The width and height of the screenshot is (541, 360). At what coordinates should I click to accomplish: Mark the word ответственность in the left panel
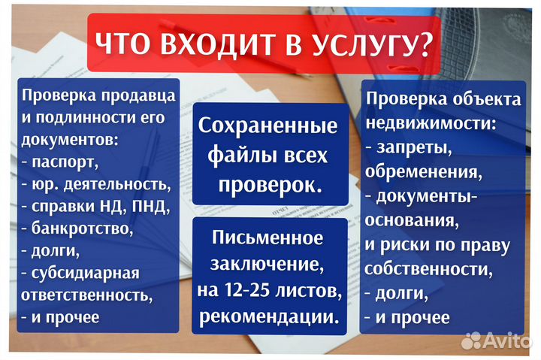80,294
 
